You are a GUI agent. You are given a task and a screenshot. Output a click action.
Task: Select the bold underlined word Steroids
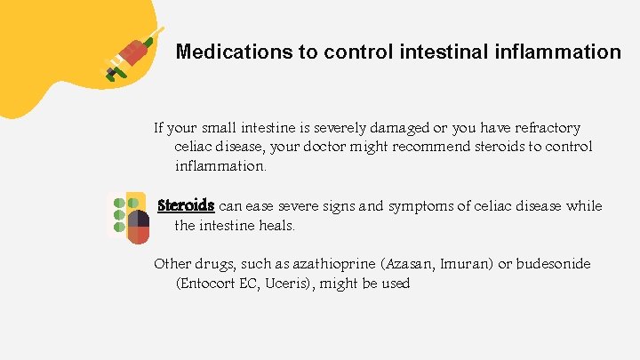(186, 205)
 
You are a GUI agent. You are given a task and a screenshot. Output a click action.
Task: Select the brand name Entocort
(209, 284)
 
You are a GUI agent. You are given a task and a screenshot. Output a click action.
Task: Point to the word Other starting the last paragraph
(172, 264)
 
